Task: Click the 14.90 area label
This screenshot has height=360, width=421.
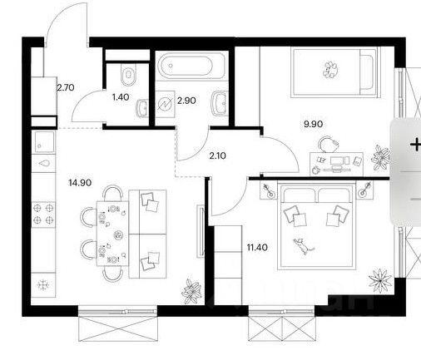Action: point(80,183)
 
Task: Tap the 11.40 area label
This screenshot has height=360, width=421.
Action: point(257,247)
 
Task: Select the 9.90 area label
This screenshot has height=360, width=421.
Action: point(313,124)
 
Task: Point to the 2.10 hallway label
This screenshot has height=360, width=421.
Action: point(217,155)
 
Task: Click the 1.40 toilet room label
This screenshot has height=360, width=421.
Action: point(121,97)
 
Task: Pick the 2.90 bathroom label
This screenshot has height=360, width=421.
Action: point(186,101)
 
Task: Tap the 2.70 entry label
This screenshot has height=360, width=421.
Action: point(66,87)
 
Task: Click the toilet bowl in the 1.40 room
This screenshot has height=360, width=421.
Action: point(129,75)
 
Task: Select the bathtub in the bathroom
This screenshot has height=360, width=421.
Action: point(185,66)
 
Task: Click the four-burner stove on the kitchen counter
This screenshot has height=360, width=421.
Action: point(43,214)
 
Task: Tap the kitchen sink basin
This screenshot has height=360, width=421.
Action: point(44,141)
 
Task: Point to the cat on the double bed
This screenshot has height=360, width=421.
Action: point(302,246)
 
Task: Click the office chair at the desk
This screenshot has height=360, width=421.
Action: point(328,144)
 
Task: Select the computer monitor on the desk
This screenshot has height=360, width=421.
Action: point(336,160)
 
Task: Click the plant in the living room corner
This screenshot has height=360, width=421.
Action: point(191,291)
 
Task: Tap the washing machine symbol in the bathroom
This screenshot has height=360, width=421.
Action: point(165,104)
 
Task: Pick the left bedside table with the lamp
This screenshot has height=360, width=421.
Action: point(269,190)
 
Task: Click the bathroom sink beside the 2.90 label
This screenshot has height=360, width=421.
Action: point(220,104)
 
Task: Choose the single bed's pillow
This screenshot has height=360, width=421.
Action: point(366,72)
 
